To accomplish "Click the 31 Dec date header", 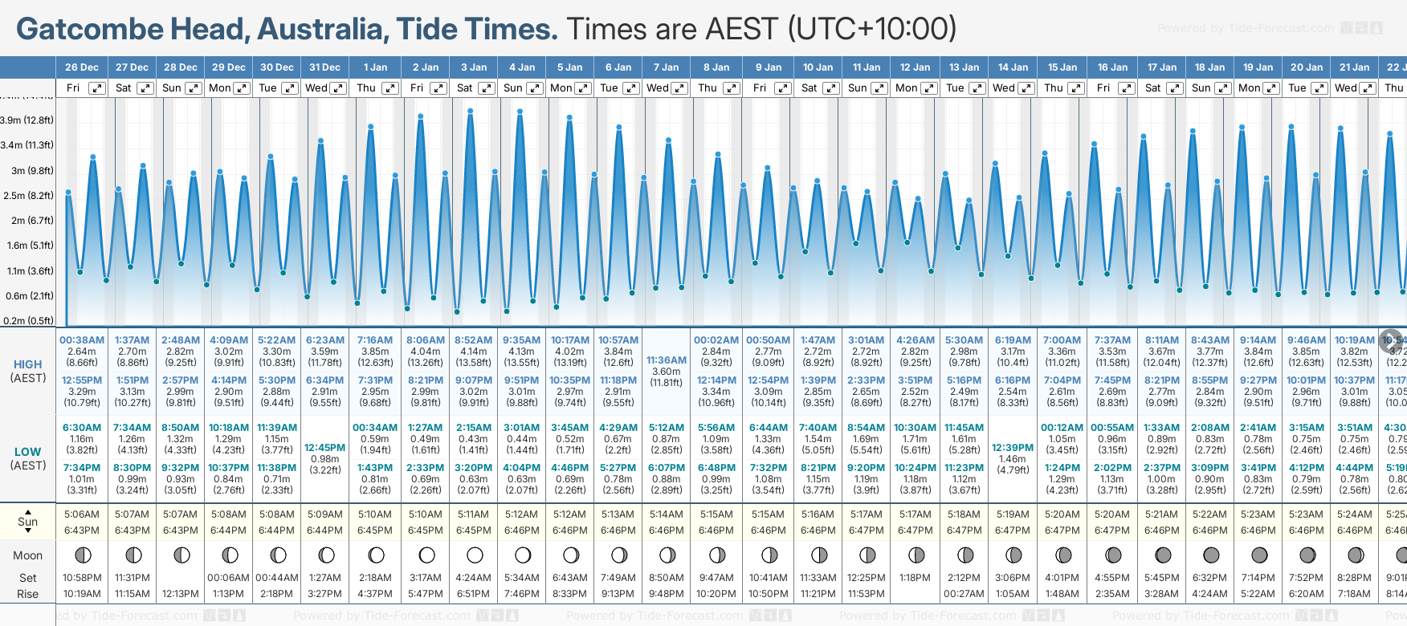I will [x=324, y=67].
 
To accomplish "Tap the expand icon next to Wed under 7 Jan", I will [x=679, y=88].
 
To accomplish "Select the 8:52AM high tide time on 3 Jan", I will [x=474, y=340].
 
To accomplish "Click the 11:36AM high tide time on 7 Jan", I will [x=667, y=360].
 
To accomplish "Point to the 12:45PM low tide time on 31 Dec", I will [x=324, y=448].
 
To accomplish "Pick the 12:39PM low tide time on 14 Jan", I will [x=1013, y=448].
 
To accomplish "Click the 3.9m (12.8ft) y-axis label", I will [x=27, y=120].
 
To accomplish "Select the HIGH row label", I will [x=28, y=364].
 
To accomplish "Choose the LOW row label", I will [x=28, y=452].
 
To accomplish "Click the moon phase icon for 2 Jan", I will [x=426, y=555].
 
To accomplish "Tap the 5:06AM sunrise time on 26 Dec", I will [x=82, y=514].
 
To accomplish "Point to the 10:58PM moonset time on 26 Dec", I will [x=82, y=578].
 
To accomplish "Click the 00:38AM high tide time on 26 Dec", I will [x=82, y=340].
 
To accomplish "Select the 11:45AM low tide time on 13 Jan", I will [x=964, y=428].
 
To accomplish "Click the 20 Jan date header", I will [x=1307, y=67].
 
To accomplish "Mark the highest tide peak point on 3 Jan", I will [x=470, y=111].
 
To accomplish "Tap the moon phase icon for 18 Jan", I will [x=1211, y=555].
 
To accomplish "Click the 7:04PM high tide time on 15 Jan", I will [x=1062, y=380].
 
